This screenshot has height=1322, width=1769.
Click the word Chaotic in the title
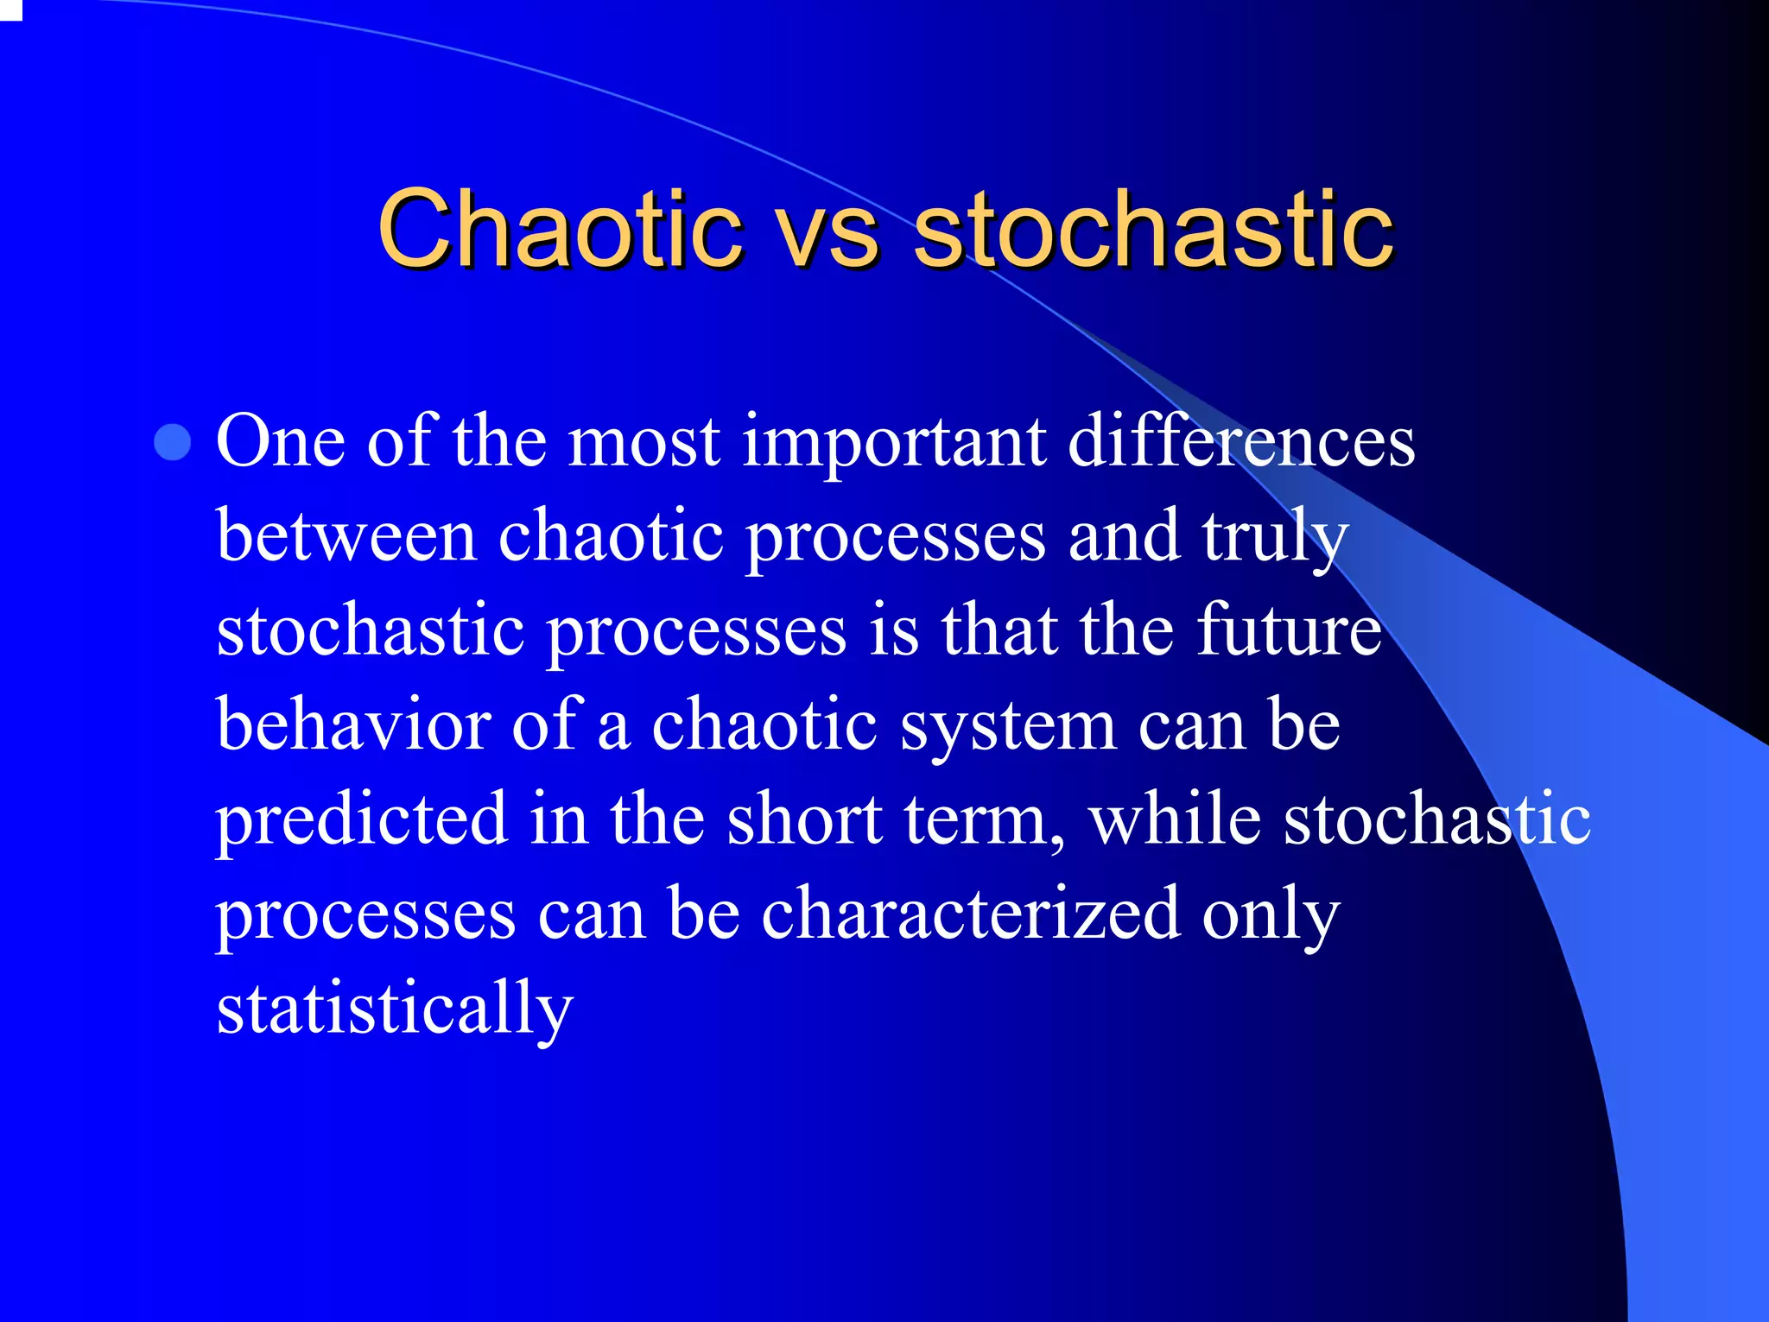point(560,229)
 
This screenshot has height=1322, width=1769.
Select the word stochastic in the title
point(1153,229)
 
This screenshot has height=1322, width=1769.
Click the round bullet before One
point(173,442)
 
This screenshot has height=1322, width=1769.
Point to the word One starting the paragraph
point(280,442)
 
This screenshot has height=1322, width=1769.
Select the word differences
point(1241,442)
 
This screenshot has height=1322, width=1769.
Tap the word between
point(346,536)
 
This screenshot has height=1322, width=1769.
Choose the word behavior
point(353,724)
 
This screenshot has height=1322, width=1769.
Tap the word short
point(803,819)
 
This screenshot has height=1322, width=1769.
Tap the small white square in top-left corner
point(10,9)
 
